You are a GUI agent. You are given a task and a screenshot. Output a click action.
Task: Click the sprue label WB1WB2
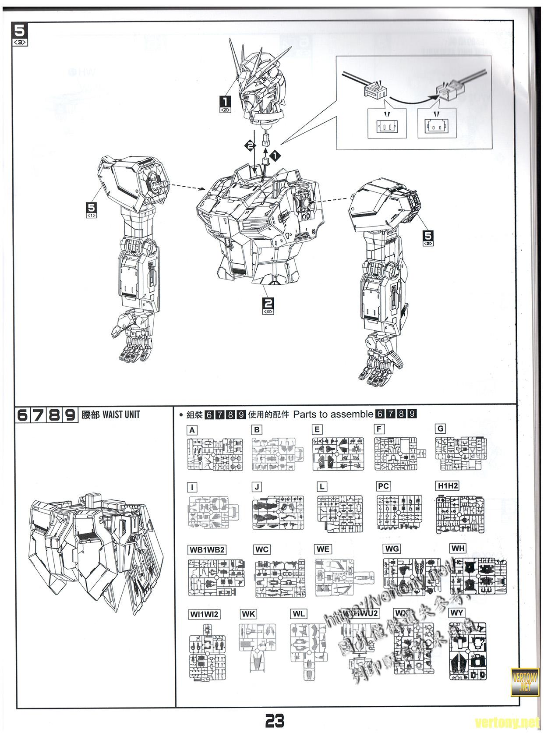pyautogui.click(x=207, y=550)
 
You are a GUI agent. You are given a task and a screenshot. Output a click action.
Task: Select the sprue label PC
pyautogui.click(x=383, y=486)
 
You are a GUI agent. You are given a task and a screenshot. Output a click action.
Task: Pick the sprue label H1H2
pyautogui.click(x=447, y=486)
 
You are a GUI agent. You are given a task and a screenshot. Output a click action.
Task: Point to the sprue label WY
pyautogui.click(x=456, y=613)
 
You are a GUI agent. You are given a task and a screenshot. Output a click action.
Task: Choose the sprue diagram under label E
pyautogui.click(x=338, y=454)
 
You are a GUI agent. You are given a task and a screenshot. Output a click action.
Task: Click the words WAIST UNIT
pyautogui.click(x=121, y=414)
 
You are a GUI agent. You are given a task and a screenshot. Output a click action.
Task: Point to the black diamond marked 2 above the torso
pyautogui.click(x=249, y=145)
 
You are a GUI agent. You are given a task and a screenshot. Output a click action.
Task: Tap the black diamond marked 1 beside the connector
pyautogui.click(x=276, y=154)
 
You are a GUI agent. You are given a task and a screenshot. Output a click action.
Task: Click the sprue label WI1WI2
pyautogui.click(x=204, y=614)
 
